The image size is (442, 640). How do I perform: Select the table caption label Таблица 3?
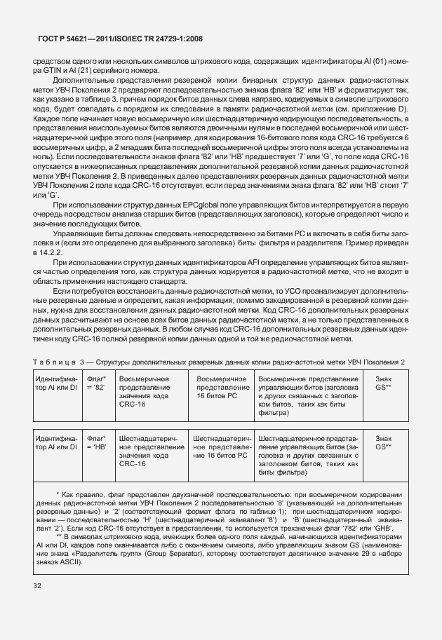point(58,362)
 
